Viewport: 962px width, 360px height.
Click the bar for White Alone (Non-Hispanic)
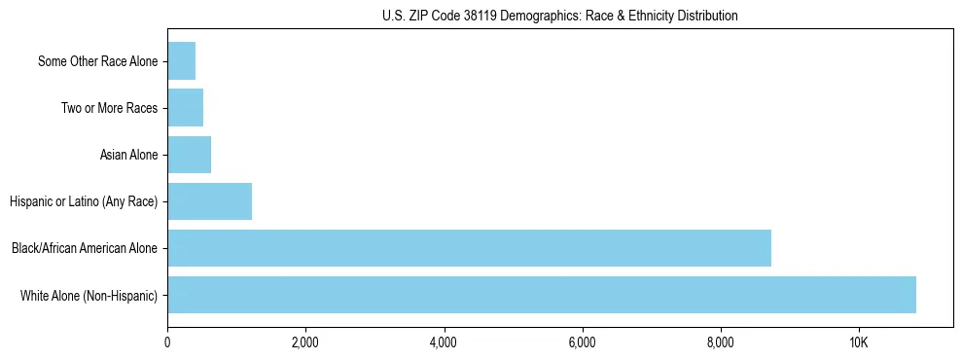[542, 295]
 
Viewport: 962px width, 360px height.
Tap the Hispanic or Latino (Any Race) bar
[209, 201]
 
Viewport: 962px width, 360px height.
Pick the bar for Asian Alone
[189, 155]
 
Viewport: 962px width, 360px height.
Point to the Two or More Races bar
[185, 108]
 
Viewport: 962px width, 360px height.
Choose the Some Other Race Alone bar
[181, 61]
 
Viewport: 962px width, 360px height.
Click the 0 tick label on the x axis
[167, 343]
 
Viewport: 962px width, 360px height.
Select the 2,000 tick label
[305, 343]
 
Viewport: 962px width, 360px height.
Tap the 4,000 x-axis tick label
[444, 343]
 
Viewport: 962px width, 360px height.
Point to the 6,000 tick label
[582, 343]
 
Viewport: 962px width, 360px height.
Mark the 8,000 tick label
[721, 343]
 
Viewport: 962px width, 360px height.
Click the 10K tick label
[859, 343]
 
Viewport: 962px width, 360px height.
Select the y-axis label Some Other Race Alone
[97, 61]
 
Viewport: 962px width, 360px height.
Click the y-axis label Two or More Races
[109, 108]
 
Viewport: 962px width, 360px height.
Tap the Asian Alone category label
[128, 155]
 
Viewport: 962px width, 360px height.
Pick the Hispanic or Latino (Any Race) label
[84, 201]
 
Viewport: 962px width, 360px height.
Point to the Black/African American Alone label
[85, 248]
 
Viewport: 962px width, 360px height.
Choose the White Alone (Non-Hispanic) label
[89, 295]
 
